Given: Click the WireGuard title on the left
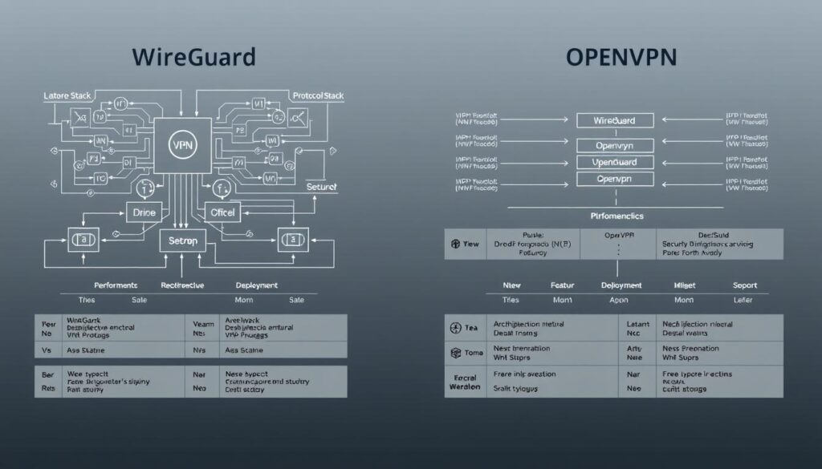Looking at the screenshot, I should (x=194, y=57).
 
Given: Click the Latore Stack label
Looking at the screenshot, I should (x=68, y=95).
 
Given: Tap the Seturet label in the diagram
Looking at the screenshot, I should (x=322, y=186).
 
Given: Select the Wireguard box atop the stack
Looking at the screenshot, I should (x=615, y=120).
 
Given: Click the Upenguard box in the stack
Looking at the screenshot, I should (x=615, y=162).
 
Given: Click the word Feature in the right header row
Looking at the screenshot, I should (x=563, y=285).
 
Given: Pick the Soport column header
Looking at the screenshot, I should (x=744, y=285).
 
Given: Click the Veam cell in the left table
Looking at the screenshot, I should (x=201, y=324).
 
